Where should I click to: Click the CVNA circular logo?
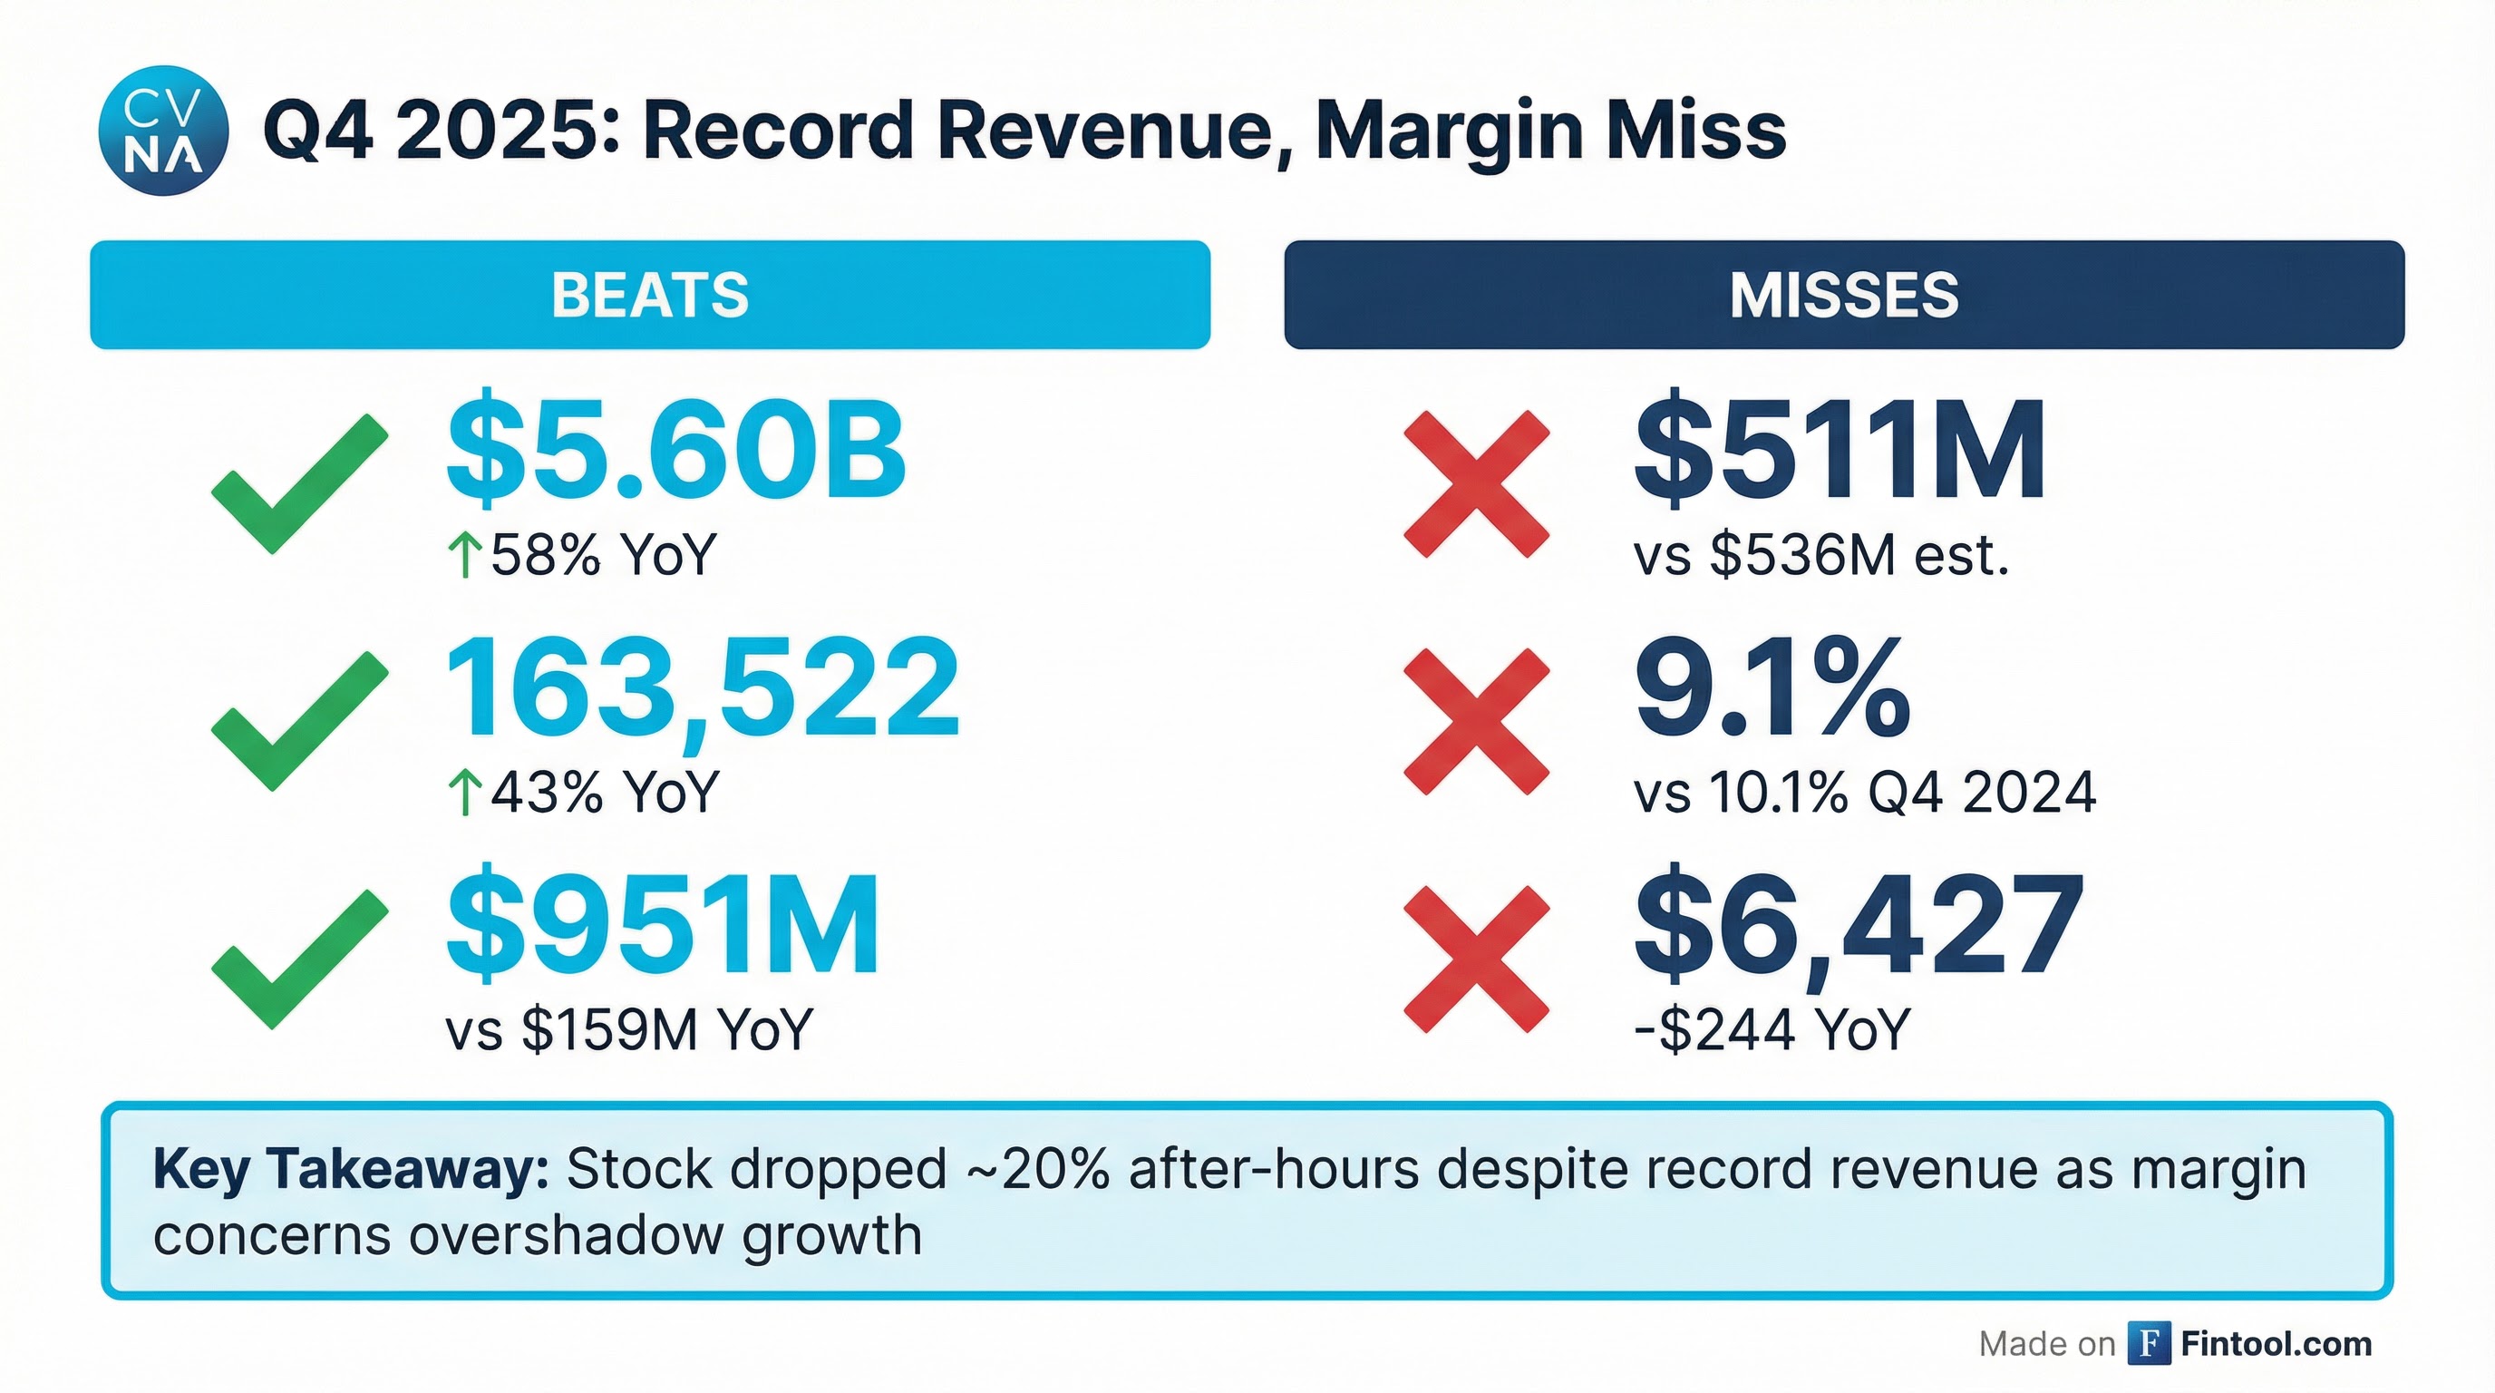(164, 131)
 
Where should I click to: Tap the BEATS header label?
(650, 295)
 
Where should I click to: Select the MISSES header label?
(1844, 295)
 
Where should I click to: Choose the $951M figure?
(664, 925)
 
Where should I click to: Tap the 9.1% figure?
(1772, 688)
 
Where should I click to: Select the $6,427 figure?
(1859, 925)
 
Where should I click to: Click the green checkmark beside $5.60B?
(299, 483)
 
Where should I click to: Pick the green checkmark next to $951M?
(299, 958)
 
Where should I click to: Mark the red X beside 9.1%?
(1476, 722)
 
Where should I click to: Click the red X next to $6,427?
(1476, 958)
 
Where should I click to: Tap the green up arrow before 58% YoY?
(465, 556)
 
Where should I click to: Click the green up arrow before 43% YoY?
(465, 793)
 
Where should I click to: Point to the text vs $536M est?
(1820, 556)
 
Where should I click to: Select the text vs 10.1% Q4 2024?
(1865, 793)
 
